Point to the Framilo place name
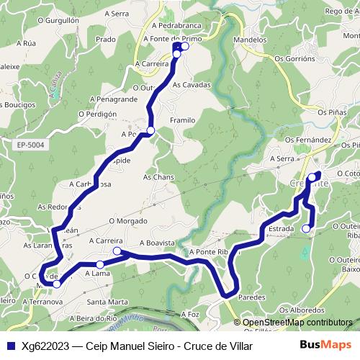(x=183, y=120)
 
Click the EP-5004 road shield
(x=30, y=145)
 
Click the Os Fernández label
(x=308, y=140)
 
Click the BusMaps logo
(x=325, y=346)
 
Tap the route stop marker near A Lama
(x=100, y=265)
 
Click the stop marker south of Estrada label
(x=306, y=229)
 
